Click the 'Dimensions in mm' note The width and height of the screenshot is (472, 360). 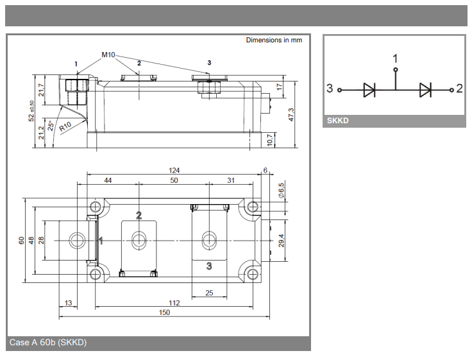point(274,40)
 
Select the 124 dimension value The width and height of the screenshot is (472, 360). point(174,171)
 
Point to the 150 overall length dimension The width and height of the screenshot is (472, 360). point(164,313)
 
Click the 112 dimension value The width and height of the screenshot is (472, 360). point(174,302)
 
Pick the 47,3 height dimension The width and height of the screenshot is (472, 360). point(291,114)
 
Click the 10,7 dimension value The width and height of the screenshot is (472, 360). point(270,139)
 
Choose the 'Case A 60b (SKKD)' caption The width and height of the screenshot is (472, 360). point(48,343)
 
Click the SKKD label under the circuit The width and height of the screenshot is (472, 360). point(337,121)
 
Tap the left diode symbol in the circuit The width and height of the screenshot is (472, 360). point(369,90)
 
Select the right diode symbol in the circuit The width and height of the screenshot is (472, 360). point(425,90)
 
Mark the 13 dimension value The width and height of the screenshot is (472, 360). point(68,302)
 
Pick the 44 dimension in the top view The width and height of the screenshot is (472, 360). point(108,181)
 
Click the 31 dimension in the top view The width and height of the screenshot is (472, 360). point(230,181)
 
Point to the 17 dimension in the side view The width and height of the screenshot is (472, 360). point(280,86)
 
